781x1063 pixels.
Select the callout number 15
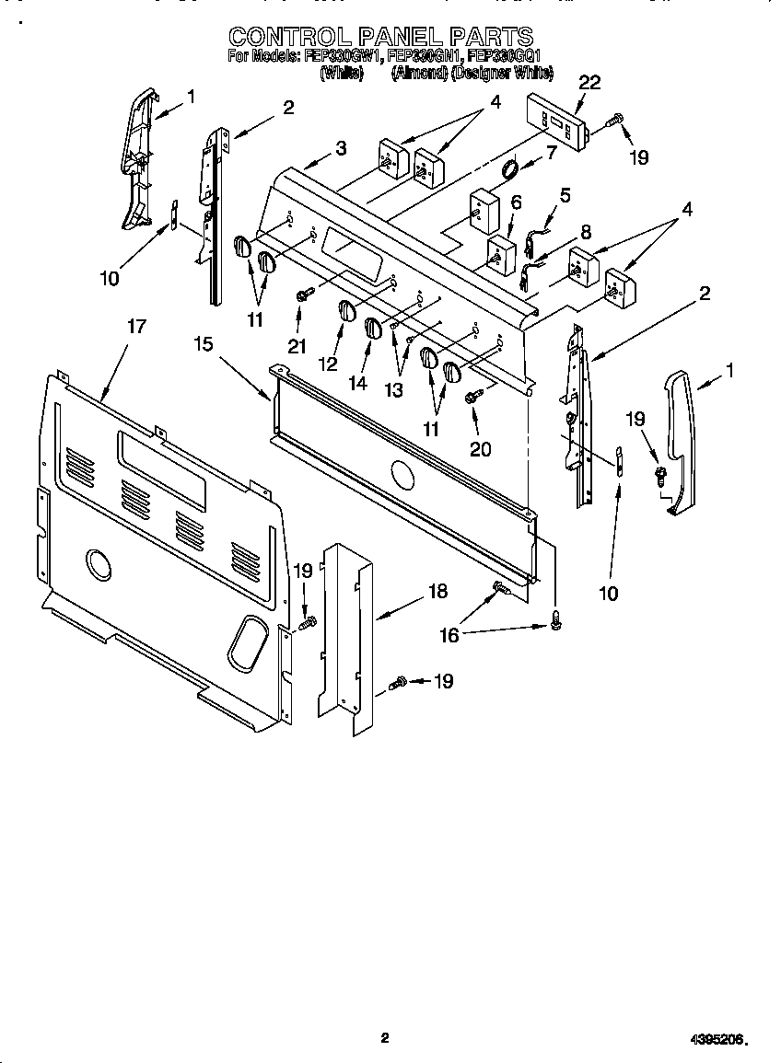click(x=204, y=344)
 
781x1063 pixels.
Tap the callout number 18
click(x=437, y=591)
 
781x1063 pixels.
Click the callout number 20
click(x=480, y=449)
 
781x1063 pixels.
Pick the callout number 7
click(x=552, y=152)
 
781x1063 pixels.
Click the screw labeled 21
click(x=303, y=294)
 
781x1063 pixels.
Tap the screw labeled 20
click(x=472, y=395)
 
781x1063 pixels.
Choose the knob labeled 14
click(x=372, y=327)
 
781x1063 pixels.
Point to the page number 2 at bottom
click(x=385, y=1037)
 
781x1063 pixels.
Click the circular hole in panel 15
click(x=402, y=475)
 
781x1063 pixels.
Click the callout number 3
click(x=341, y=147)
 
